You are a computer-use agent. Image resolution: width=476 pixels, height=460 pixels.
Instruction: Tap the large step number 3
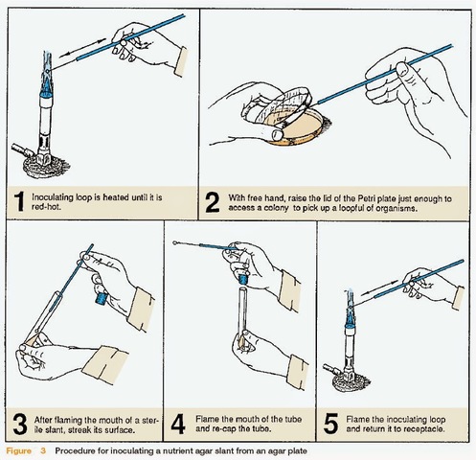(20, 423)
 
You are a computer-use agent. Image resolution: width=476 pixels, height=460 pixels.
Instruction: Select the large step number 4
(177, 423)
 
